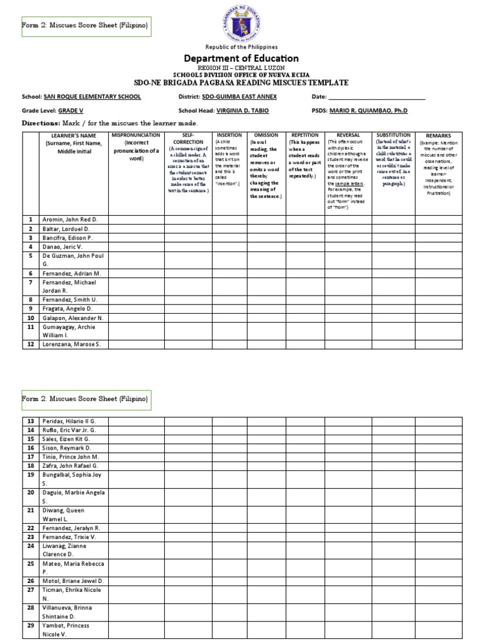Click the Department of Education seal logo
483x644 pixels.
pyautogui.click(x=241, y=22)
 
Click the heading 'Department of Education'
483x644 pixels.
pyautogui.click(x=241, y=58)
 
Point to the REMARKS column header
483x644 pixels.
pyautogui.click(x=438, y=136)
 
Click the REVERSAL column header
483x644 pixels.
pyautogui.click(x=348, y=135)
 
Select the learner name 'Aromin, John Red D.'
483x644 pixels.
pyautogui.click(x=71, y=219)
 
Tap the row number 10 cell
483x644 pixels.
pyautogui.click(x=29, y=318)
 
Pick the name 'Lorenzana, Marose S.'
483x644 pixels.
pyautogui.click(x=72, y=344)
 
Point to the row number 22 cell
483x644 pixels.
pyautogui.click(x=29, y=528)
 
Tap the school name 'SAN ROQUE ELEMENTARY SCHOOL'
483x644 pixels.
pyautogui.click(x=92, y=97)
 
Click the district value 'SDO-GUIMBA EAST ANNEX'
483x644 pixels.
pyautogui.click(x=240, y=97)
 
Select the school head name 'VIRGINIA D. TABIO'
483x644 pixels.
pyautogui.click(x=243, y=109)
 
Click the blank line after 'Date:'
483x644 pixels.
pyautogui.click(x=377, y=97)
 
